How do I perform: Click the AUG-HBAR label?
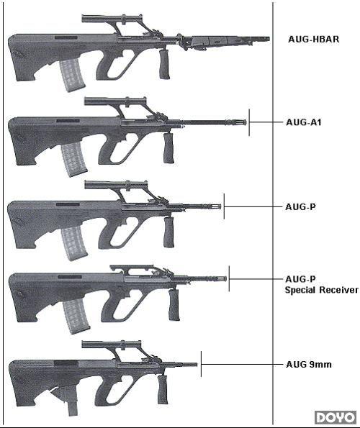[314, 39]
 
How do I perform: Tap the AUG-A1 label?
[303, 122]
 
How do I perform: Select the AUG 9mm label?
[309, 364]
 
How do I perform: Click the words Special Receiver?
[322, 290]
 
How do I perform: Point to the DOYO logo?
[336, 418]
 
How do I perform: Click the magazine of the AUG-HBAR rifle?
[72, 76]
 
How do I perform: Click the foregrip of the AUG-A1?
[168, 148]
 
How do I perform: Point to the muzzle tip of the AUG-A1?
[246, 122]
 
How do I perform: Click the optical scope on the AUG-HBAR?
[112, 19]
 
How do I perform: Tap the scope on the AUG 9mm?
[112, 345]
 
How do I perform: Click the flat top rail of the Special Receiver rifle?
[131, 267]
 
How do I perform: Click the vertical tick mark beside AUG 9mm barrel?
[201, 364]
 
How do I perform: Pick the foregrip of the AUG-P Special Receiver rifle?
[174, 304]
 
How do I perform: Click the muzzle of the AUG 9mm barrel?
[196, 365]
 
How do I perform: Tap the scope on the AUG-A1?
[115, 101]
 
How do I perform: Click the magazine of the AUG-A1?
[73, 160]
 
